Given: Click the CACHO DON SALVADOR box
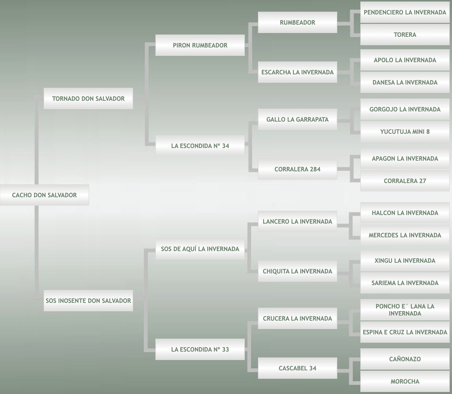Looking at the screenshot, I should click(x=44, y=195).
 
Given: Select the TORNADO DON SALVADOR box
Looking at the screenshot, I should click(x=88, y=99).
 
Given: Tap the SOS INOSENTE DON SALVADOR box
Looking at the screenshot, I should click(x=88, y=301).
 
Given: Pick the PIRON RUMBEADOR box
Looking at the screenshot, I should click(x=200, y=45).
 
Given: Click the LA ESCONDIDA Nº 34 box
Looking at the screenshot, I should click(x=200, y=146).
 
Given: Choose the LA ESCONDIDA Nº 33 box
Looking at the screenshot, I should click(x=200, y=349).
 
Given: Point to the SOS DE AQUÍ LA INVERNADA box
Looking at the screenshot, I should click(x=200, y=249).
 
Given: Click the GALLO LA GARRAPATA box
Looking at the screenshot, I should click(x=297, y=119).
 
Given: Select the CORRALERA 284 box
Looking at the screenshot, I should click(x=297, y=169).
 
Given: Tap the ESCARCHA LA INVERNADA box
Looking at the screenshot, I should click(x=297, y=72).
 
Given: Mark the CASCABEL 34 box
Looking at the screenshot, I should click(x=297, y=368).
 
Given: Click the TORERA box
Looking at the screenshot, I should click(x=405, y=35).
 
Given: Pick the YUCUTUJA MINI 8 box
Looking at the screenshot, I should click(x=405, y=132).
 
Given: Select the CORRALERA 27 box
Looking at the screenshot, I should click(x=405, y=181).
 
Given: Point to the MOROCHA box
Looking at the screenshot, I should click(x=405, y=381).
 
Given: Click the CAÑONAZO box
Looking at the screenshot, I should click(x=405, y=359).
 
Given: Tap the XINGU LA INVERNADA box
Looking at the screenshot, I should click(x=405, y=260).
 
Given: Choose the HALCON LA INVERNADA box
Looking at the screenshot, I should click(x=405, y=213).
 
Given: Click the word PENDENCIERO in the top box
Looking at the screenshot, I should click(x=385, y=13).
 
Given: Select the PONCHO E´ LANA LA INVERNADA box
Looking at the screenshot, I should click(x=405, y=310).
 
